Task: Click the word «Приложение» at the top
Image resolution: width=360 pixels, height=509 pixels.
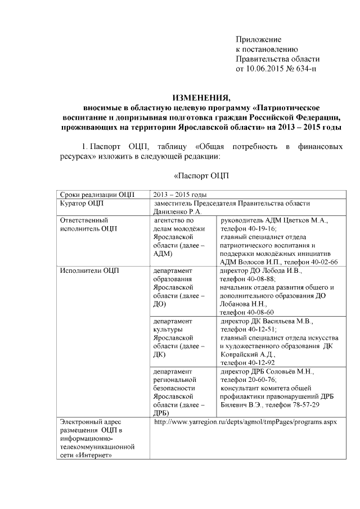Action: [x=258, y=39]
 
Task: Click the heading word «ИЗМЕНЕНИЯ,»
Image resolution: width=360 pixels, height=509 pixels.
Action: [x=201, y=97]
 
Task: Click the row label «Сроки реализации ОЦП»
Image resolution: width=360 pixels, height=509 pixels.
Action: [x=97, y=195]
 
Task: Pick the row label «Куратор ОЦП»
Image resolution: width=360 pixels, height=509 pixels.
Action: [x=82, y=203]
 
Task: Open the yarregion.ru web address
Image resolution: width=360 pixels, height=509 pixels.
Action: [x=245, y=422]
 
